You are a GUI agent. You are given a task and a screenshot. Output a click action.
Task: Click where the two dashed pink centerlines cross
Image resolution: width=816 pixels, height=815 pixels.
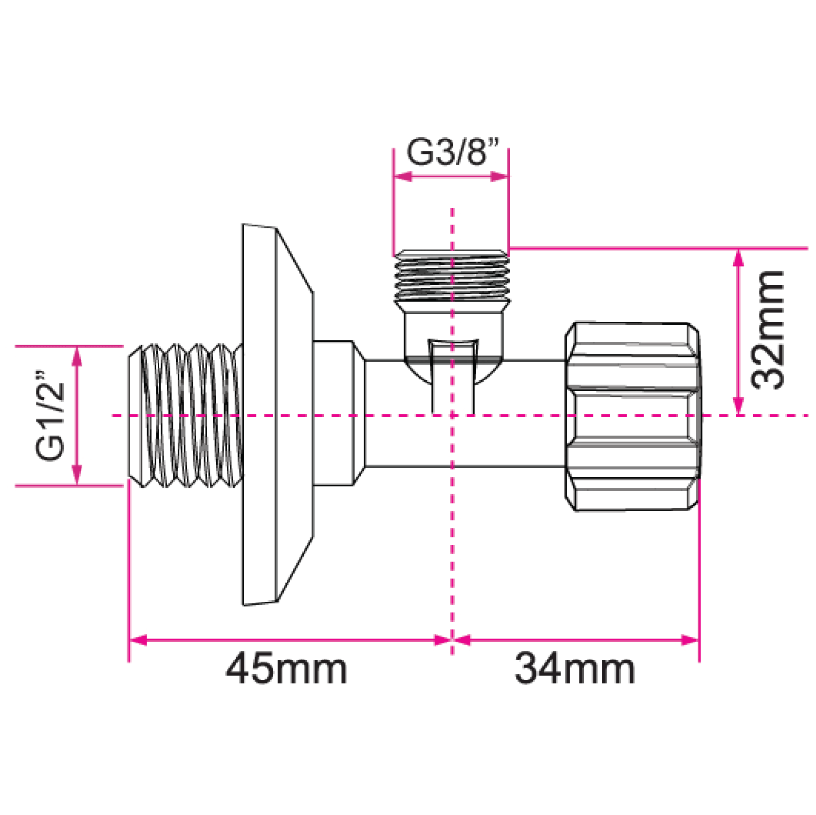[452, 416]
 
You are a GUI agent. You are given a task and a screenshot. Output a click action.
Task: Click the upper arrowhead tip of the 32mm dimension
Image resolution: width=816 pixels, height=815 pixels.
[739, 249]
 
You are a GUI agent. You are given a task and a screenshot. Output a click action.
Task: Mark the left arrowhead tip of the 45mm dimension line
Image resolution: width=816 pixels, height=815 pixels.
[130, 640]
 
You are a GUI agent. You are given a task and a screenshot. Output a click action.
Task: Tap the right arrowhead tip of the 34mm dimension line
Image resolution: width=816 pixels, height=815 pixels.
[699, 640]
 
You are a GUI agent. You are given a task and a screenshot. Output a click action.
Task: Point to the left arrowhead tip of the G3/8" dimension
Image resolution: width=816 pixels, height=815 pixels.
[394, 176]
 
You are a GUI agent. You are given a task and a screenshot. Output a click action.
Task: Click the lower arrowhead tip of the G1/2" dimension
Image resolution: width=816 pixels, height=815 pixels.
[76, 484]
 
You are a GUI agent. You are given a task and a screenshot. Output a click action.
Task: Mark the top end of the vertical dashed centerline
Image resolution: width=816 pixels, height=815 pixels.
[452, 208]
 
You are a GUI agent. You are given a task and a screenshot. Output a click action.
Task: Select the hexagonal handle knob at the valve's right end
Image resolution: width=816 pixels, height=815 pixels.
[632, 416]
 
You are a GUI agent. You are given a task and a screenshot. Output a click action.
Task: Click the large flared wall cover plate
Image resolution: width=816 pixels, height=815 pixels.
[278, 415]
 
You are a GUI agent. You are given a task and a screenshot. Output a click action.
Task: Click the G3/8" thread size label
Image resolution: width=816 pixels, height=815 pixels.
[453, 152]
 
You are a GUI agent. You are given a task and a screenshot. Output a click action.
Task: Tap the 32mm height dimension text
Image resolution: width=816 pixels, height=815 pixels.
[768, 330]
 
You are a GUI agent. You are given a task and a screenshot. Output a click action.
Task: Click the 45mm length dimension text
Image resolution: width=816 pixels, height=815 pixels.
[286, 669]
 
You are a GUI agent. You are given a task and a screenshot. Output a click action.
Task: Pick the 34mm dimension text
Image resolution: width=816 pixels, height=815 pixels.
[575, 669]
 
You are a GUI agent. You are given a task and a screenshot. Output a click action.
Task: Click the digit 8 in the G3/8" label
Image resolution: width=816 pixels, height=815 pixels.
[477, 152]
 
